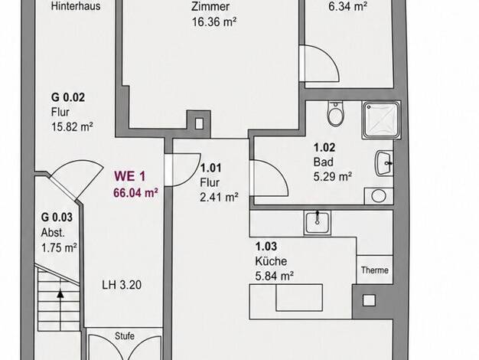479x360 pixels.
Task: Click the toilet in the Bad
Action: pos(335,114)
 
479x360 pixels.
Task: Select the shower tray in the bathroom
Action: pos(381,120)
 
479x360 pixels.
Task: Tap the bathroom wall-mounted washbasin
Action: pos(384,163)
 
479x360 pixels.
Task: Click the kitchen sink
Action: pos(318,222)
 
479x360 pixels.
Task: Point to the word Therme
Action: pos(374,270)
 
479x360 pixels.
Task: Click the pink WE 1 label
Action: pos(130,176)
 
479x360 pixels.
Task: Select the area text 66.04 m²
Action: pos(135,193)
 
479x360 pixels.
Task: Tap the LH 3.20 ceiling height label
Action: pos(122,285)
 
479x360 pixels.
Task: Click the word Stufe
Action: pos(125,335)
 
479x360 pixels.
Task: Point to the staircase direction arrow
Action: pos(60,309)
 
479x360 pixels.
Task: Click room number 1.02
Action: pos(324,148)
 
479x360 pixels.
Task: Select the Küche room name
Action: pos(271,261)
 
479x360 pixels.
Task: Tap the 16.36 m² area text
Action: pos(214,22)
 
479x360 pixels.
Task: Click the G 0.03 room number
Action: pos(57,218)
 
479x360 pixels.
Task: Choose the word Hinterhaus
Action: pos(76,6)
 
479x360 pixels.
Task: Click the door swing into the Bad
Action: pos(269,178)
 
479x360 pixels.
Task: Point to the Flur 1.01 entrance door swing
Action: pos(182,170)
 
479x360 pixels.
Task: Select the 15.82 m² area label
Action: pos(72,126)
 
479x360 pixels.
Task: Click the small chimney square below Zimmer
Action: pos(199,124)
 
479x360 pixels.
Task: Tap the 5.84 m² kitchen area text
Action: pos(275,277)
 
